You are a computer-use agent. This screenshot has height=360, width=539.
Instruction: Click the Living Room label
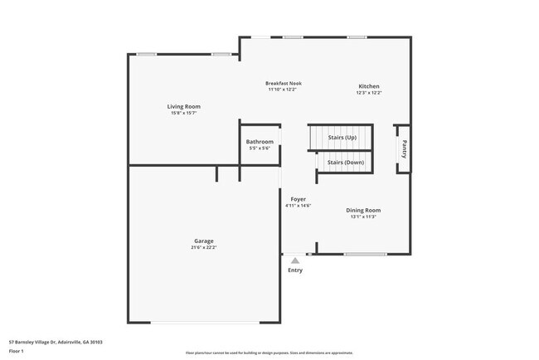tap(183, 106)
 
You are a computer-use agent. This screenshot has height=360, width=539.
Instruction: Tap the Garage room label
tap(204, 241)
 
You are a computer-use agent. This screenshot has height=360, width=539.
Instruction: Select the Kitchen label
tap(369, 86)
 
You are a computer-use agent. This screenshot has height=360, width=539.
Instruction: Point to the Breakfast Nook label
tap(284, 83)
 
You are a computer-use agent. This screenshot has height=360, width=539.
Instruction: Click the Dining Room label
tap(363, 210)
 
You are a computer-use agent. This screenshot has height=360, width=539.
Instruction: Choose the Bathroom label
tap(260, 142)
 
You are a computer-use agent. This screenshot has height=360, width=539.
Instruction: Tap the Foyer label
tap(298, 199)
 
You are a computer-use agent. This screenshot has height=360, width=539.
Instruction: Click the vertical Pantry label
tap(404, 148)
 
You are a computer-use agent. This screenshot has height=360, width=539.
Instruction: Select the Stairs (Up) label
tap(342, 137)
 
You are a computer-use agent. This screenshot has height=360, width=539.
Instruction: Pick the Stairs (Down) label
tap(345, 163)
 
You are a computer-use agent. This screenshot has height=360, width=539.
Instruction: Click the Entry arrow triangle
tap(295, 260)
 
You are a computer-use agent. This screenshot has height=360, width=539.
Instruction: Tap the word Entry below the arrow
tap(295, 270)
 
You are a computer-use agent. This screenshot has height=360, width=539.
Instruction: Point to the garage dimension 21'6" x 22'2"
tap(204, 247)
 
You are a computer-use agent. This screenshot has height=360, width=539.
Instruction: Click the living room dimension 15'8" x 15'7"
tap(183, 113)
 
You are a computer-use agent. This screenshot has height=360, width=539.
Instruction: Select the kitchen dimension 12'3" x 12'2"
tap(369, 93)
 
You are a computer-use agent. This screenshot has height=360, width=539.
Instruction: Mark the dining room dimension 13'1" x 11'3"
tap(363, 216)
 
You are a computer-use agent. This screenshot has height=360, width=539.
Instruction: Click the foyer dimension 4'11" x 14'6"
tap(298, 206)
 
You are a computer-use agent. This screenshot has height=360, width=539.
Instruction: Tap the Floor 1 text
tap(17, 351)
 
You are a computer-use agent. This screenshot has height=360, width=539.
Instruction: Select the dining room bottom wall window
tap(366, 254)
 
